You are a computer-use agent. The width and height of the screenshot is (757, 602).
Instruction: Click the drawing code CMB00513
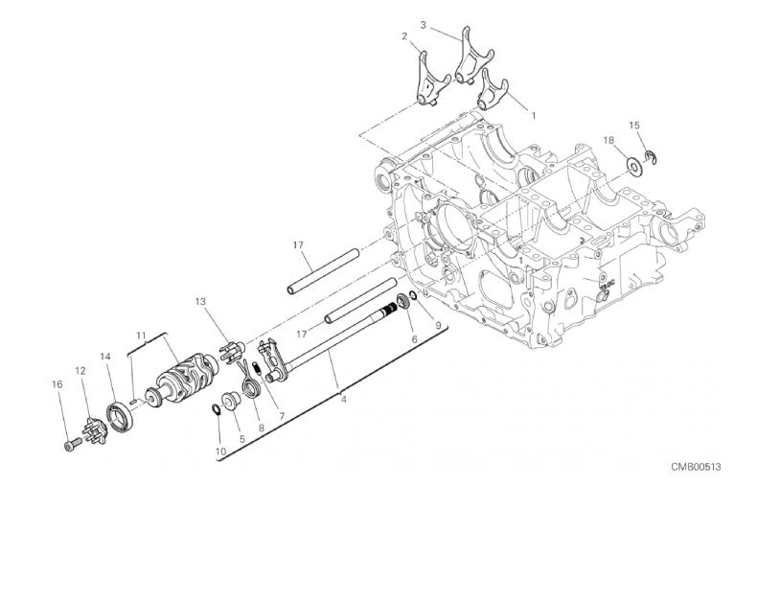pos(696,466)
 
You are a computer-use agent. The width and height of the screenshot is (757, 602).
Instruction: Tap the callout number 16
pos(57,384)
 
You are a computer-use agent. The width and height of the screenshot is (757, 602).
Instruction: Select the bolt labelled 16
pos(72,443)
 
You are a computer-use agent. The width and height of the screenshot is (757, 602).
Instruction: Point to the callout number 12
pos(80,371)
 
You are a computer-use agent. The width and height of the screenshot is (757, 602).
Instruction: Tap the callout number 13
pos(200,302)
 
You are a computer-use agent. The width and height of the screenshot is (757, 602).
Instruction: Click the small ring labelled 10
pos(217,409)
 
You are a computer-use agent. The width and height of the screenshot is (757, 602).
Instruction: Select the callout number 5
pos(242,439)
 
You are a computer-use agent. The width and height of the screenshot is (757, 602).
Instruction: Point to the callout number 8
pos(262,428)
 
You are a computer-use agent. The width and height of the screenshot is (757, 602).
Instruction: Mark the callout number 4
pos(343,400)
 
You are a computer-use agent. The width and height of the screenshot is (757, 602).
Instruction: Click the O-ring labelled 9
pos(413,295)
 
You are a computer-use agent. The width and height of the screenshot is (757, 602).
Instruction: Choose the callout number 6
pos(414,339)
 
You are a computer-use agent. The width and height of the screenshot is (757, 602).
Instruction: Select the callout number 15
pos(634,126)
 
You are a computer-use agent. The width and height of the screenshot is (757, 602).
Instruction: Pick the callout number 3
pos(423,25)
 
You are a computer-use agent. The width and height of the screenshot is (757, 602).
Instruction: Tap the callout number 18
pos(608,140)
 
